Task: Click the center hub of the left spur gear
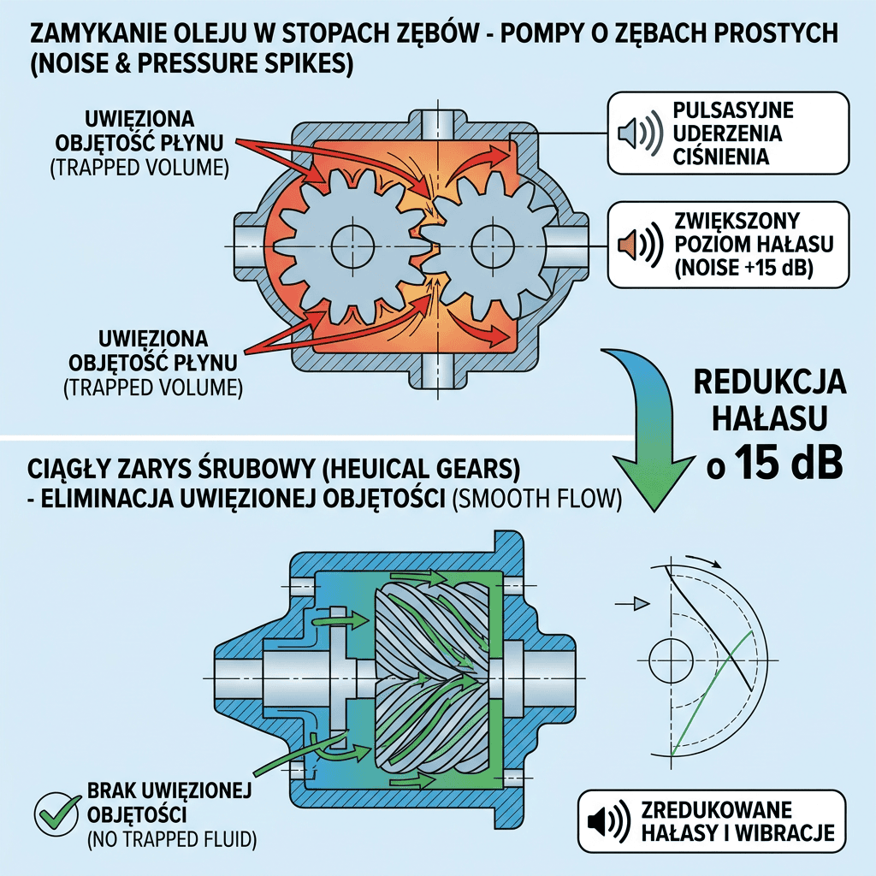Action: click(x=352, y=246)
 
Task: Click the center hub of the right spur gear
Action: click(x=492, y=246)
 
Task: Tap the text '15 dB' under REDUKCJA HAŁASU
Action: click(x=789, y=463)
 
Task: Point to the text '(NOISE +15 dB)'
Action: click(x=743, y=269)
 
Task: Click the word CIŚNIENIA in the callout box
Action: click(x=720, y=157)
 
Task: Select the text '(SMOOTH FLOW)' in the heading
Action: click(x=537, y=499)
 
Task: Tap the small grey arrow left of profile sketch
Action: click(x=632, y=604)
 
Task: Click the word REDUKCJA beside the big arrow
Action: click(x=770, y=382)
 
